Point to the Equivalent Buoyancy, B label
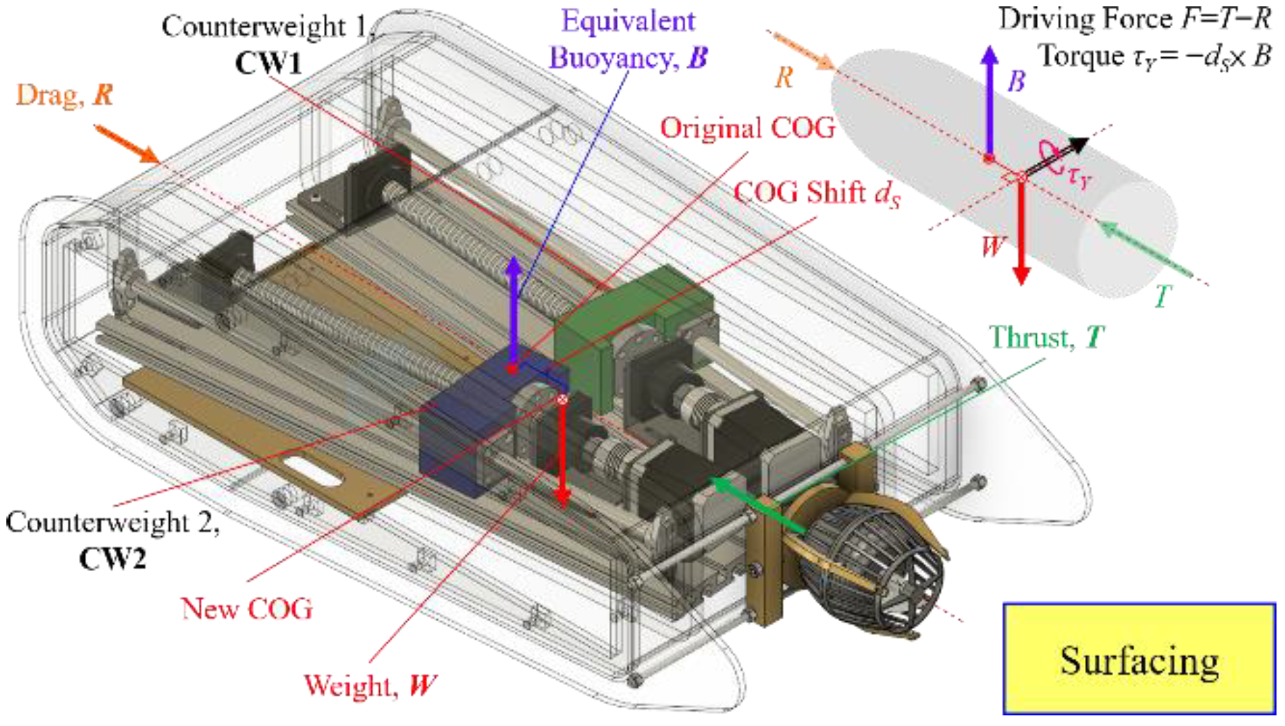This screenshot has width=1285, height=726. (x=628, y=40)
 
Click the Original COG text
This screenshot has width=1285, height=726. (x=747, y=128)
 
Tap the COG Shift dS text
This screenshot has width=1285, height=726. (x=816, y=192)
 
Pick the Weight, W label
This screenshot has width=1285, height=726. (x=369, y=685)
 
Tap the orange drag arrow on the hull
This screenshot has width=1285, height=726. (x=127, y=144)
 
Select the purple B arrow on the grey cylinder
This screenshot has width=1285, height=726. (x=990, y=99)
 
